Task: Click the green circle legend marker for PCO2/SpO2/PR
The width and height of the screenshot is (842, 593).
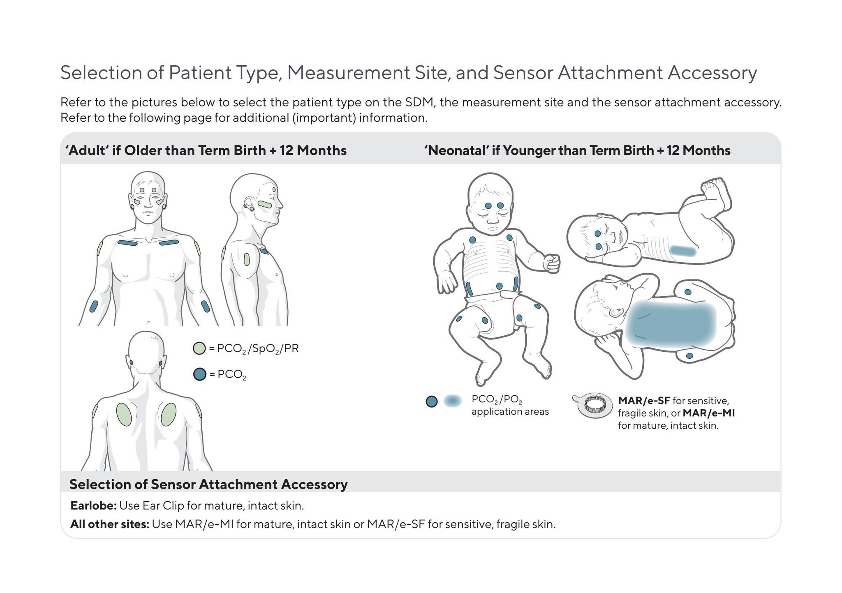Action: pos(199,348)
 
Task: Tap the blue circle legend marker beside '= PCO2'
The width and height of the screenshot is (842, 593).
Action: pos(199,374)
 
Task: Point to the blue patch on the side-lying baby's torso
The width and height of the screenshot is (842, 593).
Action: pos(682,251)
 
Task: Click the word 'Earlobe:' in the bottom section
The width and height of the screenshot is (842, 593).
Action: pos(94,505)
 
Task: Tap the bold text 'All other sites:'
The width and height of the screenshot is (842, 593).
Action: pos(110,524)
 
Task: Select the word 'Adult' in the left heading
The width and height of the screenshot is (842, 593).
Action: pos(87,150)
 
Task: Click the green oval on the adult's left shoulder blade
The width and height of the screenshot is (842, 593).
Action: pos(124,414)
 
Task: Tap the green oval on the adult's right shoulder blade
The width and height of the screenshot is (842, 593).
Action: pos(169,414)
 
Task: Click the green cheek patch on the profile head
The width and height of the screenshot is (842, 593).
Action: pos(265,204)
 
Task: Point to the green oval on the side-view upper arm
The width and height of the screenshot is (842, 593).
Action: pos(247,259)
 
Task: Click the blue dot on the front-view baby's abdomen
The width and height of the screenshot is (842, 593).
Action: pos(499,286)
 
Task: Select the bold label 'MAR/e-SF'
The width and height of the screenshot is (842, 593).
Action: pos(644,400)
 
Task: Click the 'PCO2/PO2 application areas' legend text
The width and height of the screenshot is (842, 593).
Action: pos(510,406)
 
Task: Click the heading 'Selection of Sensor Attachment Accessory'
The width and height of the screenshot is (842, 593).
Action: pos(208,485)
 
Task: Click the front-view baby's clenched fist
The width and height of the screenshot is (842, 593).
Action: pos(551,263)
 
